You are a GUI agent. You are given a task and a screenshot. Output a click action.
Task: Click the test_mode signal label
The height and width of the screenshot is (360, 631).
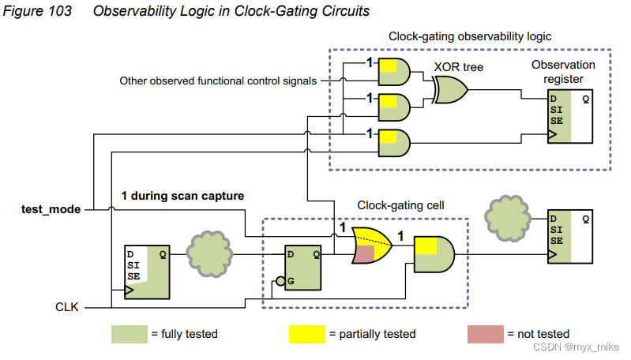click(51, 209)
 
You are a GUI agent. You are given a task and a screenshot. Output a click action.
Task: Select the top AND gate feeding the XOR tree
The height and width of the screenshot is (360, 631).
click(394, 71)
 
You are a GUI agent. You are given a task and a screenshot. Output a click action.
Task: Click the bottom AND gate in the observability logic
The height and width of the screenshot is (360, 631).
click(394, 142)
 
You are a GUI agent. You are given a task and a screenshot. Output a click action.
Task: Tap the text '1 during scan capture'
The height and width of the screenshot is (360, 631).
click(182, 195)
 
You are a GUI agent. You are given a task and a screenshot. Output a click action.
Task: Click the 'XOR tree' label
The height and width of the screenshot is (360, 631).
click(458, 67)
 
